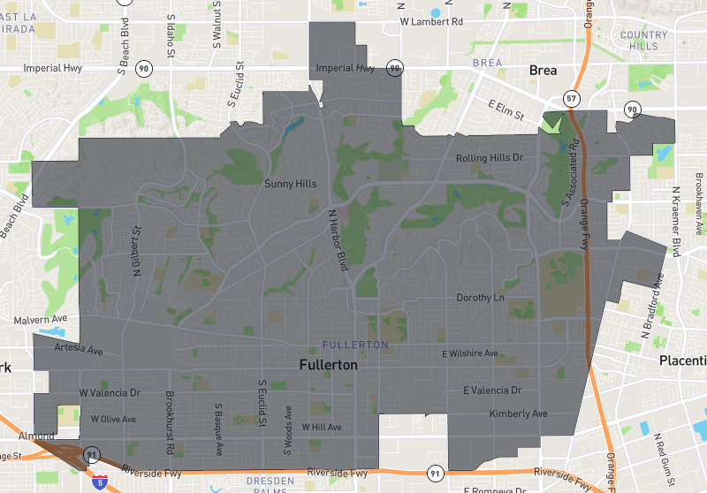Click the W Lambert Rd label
tap(431, 20)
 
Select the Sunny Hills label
tap(291, 184)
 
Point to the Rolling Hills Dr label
tap(490, 158)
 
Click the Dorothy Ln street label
tap(480, 298)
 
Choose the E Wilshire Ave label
tap(469, 353)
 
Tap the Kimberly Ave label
tap(518, 413)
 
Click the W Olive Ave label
tap(114, 419)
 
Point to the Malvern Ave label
tap(41, 319)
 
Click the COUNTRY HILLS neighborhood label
tap(643, 40)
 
